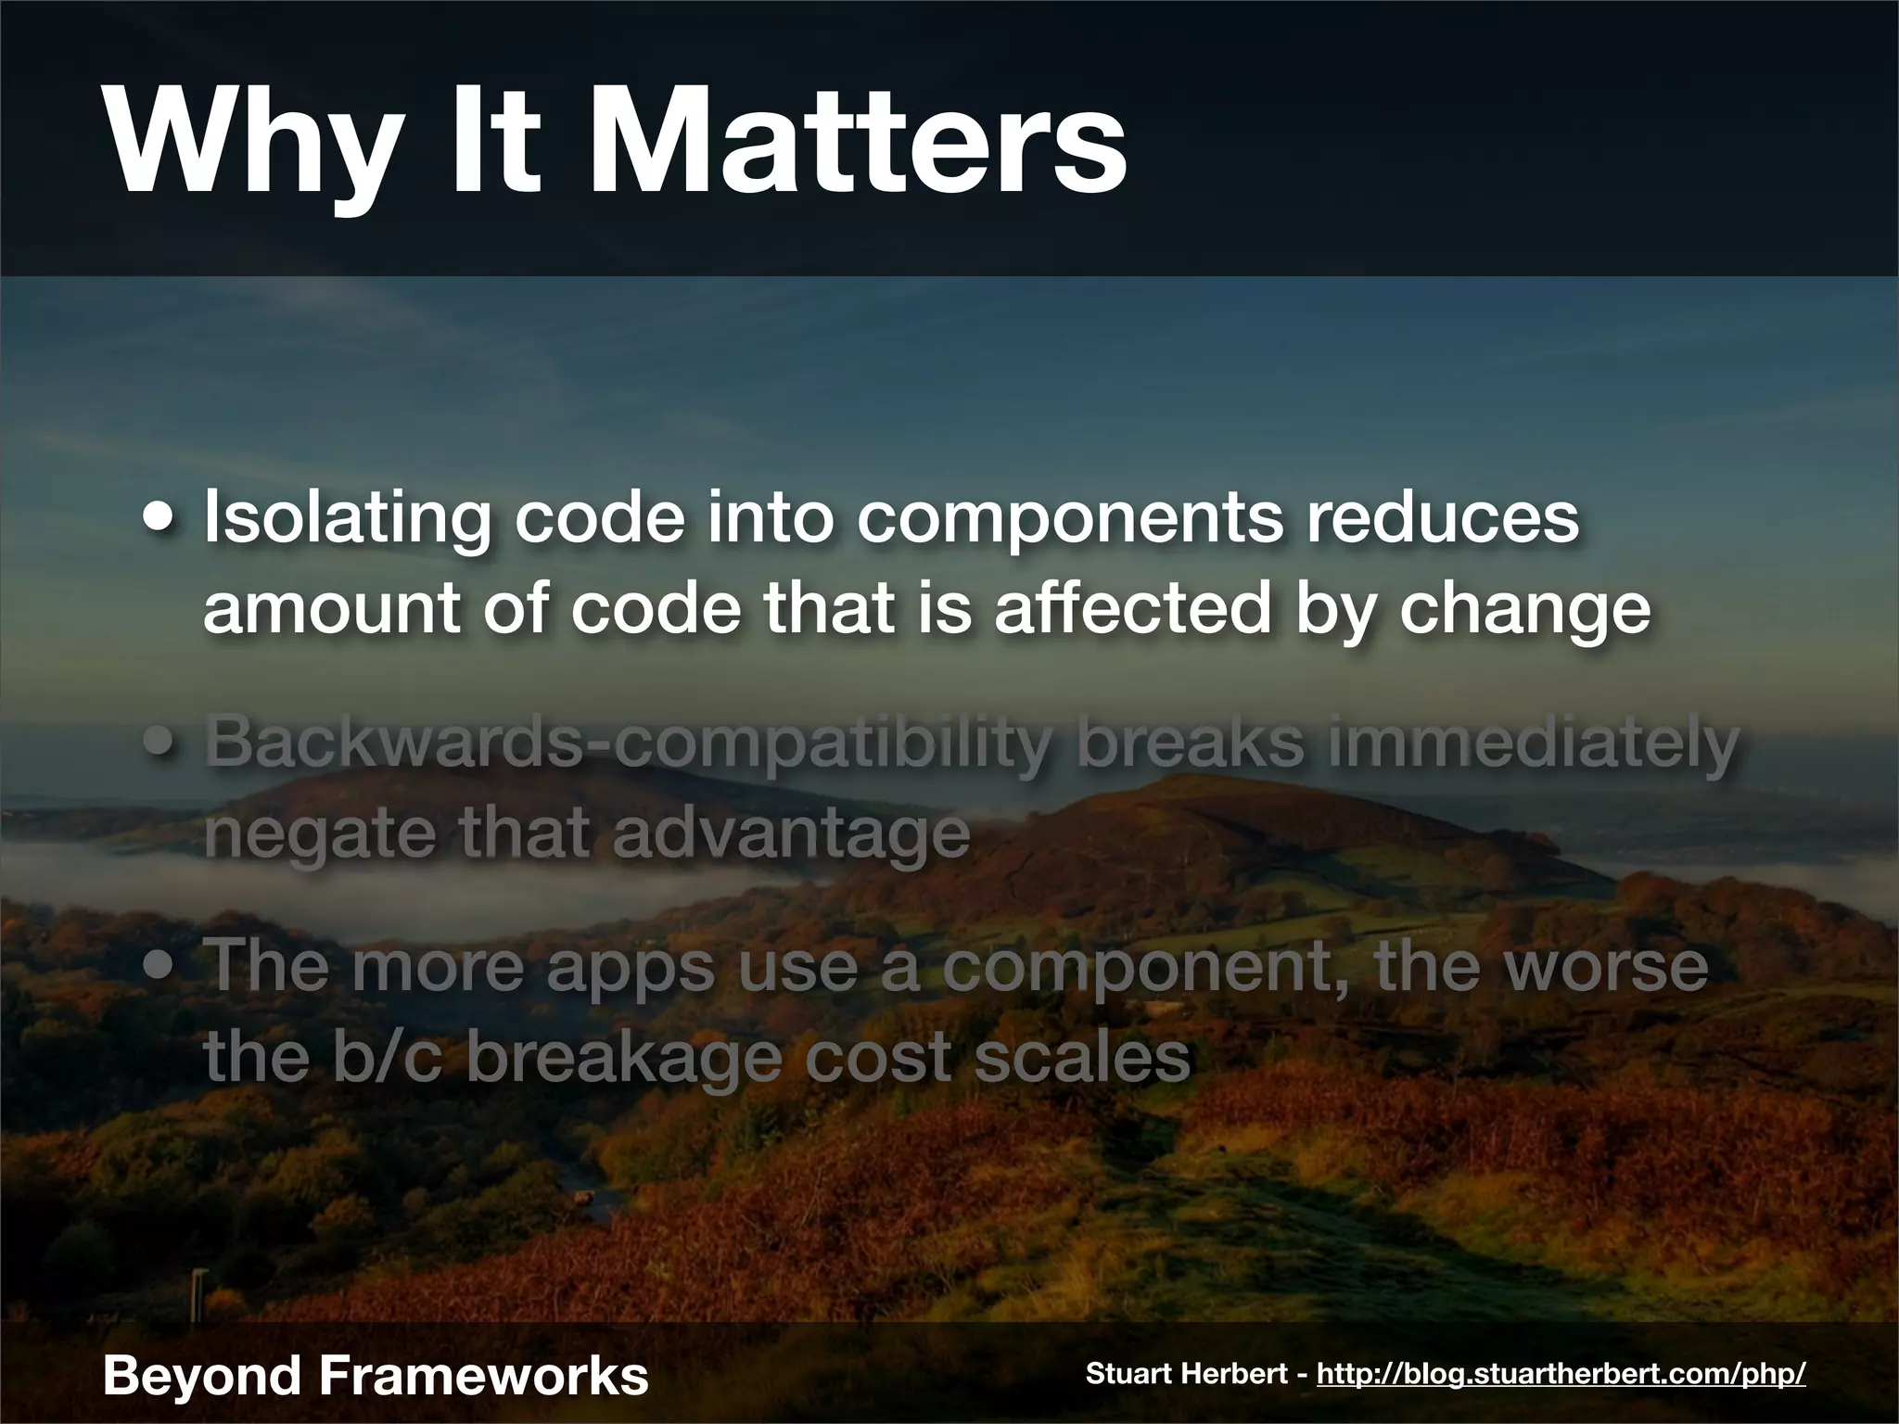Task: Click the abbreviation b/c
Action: [388, 1055]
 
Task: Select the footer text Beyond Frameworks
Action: [375, 1374]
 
